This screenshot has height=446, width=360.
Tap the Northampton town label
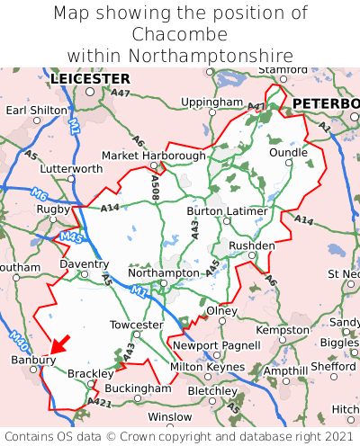(x=163, y=272)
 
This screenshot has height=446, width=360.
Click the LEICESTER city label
(x=90, y=79)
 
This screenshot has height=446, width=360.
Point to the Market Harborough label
(x=153, y=156)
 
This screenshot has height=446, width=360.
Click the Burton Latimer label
(x=227, y=210)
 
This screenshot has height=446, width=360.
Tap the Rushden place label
(x=252, y=245)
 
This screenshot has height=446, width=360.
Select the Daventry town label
(x=84, y=264)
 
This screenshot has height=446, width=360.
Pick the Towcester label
(x=136, y=324)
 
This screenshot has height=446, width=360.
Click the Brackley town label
(x=90, y=373)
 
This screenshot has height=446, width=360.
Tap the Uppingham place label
(x=211, y=103)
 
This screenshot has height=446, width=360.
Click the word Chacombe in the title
(x=180, y=34)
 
